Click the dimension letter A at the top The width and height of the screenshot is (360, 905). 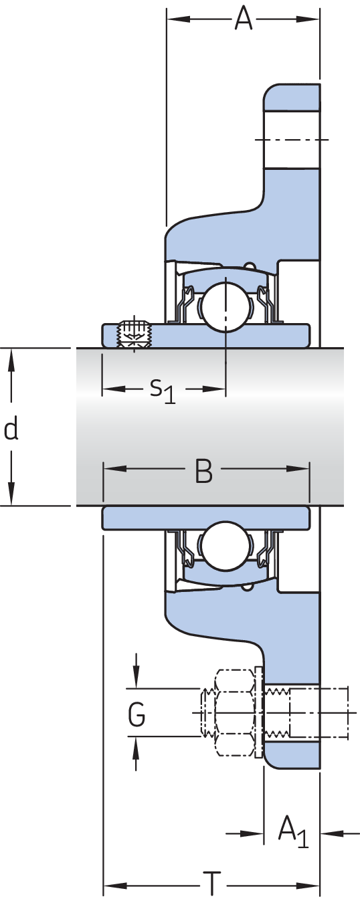pyautogui.click(x=244, y=19)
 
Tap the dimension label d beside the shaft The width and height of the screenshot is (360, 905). pyautogui.click(x=11, y=429)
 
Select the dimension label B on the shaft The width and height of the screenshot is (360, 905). pyautogui.click(x=203, y=471)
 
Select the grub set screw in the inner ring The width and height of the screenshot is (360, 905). pyautogui.click(x=133, y=333)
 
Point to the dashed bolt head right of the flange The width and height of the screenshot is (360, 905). pyautogui.click(x=319, y=713)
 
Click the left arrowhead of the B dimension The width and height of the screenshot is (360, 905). pyautogui.click(x=115, y=469)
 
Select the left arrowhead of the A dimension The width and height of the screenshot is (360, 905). pyautogui.click(x=178, y=19)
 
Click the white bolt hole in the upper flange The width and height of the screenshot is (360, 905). pyautogui.click(x=292, y=139)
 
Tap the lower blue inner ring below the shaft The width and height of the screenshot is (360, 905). pyautogui.click(x=206, y=518)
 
